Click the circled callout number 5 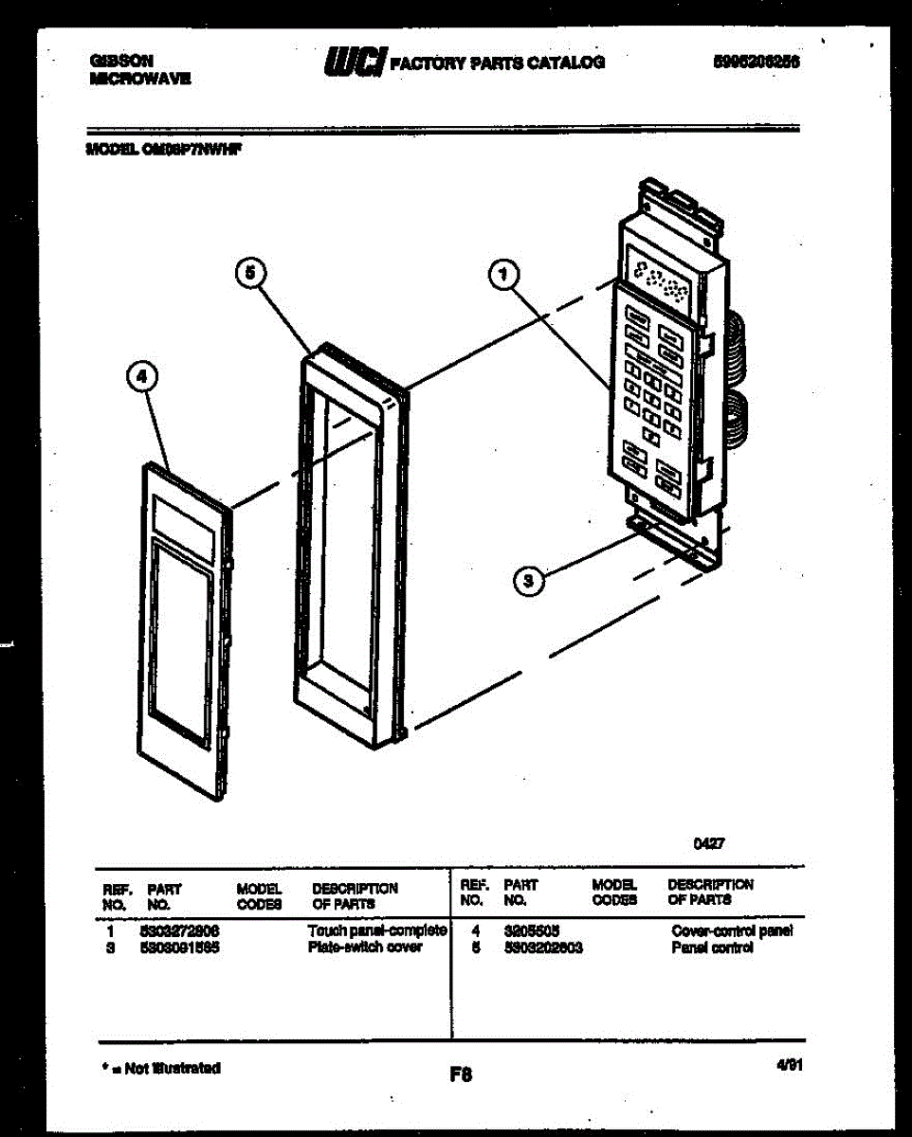pyautogui.click(x=249, y=273)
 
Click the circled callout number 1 pyautogui.click(x=503, y=276)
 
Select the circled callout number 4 pyautogui.click(x=141, y=378)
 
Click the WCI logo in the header pyautogui.click(x=354, y=61)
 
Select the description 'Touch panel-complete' pyautogui.click(x=376, y=931)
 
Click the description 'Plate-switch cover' pyautogui.click(x=365, y=947)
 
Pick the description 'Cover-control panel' pyautogui.click(x=731, y=931)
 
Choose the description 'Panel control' pyautogui.click(x=712, y=947)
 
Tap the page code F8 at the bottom pyautogui.click(x=461, y=1074)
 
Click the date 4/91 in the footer pyautogui.click(x=789, y=1065)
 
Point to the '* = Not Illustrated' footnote pyautogui.click(x=160, y=1068)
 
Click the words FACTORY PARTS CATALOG pyautogui.click(x=498, y=63)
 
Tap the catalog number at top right pyautogui.click(x=756, y=61)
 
